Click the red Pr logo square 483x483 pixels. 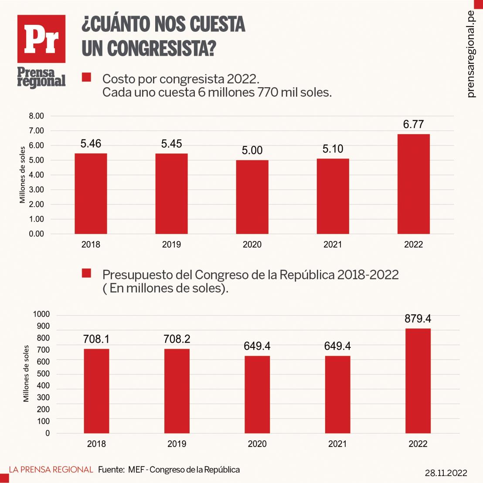[41, 39]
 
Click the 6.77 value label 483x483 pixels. [413, 125]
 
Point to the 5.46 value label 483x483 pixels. [91, 144]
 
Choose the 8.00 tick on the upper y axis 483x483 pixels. [37, 116]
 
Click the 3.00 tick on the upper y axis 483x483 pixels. [37, 190]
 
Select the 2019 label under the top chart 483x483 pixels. [171, 245]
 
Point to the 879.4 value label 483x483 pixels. [418, 319]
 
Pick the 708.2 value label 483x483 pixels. [177, 339]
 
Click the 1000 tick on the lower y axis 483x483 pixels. [42, 314]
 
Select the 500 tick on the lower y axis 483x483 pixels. [43, 374]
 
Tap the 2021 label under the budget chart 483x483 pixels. [337, 444]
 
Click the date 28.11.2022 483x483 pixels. [446, 473]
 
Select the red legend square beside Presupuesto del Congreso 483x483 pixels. [86, 273]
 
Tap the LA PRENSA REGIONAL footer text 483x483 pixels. [51, 469]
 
